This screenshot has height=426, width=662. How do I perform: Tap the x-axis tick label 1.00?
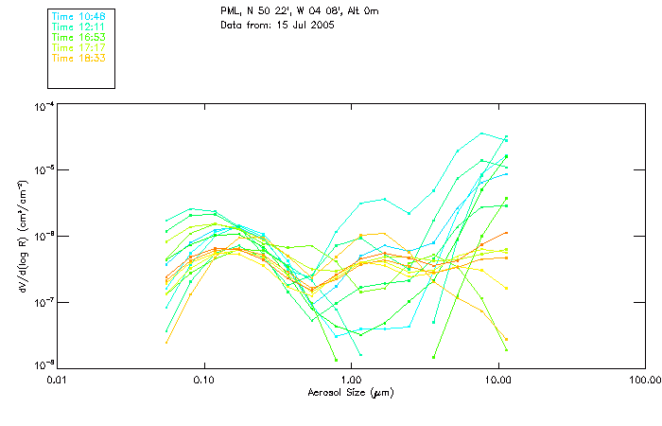point(351,381)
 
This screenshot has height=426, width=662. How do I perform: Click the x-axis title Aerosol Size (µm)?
point(350,392)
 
